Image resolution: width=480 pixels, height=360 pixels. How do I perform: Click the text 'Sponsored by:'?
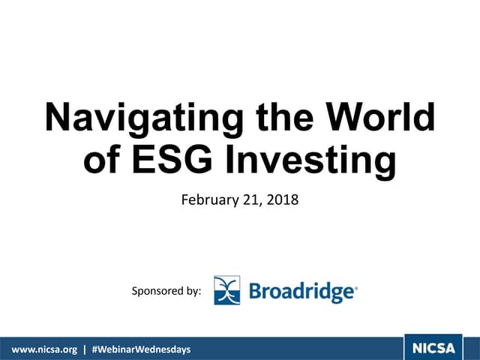(166, 291)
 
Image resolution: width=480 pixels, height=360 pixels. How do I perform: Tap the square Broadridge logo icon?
(226, 290)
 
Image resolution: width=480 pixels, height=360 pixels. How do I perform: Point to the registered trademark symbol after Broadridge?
(355, 286)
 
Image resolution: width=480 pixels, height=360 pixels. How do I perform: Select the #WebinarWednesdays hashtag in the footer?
(140, 349)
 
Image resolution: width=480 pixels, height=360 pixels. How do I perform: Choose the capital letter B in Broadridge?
(254, 291)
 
